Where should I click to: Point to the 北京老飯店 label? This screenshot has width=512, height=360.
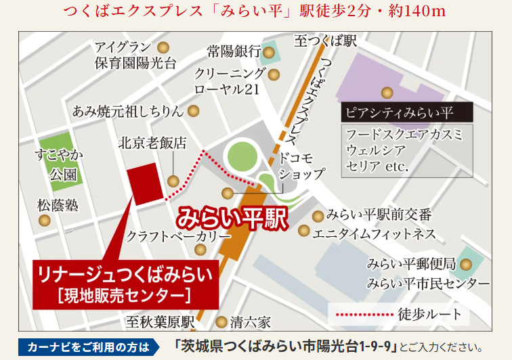152,143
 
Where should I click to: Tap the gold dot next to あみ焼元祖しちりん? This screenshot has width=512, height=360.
194,111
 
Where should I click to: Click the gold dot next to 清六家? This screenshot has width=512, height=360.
221,322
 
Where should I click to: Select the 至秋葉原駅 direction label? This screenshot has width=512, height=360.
160,322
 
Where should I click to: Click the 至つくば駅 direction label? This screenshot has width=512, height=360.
325,42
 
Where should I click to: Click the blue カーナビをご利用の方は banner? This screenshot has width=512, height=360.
87,347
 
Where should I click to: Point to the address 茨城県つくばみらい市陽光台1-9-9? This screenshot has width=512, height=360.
285,347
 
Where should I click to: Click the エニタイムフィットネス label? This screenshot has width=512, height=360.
373,233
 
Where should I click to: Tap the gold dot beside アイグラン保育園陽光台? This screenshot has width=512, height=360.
163,48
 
